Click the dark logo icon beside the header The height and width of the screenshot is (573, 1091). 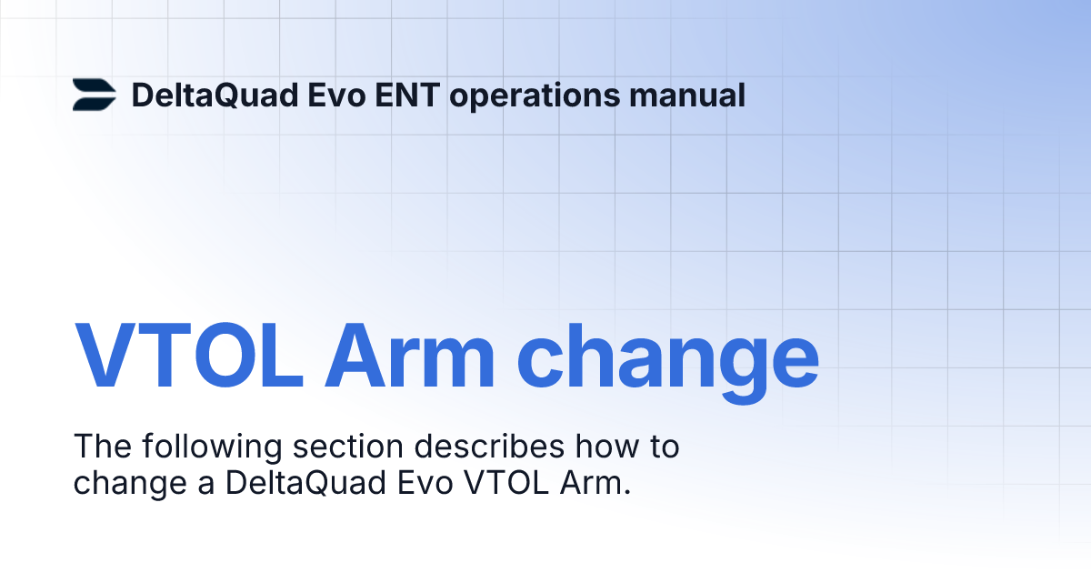(95, 95)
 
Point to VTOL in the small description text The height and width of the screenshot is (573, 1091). (505, 483)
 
